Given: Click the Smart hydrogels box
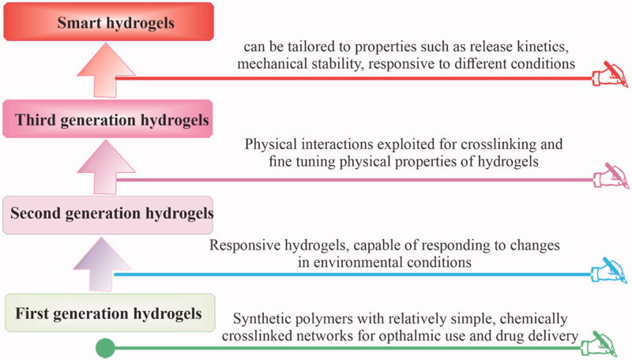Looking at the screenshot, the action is [108, 22].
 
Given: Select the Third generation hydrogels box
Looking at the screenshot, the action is [107, 119].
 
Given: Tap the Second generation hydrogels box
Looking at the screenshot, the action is [107, 215].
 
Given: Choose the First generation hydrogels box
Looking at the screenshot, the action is [110, 313].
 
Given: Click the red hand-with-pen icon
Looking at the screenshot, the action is [610, 74].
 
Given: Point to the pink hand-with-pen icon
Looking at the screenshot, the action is [611, 175].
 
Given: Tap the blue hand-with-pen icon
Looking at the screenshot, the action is [609, 270].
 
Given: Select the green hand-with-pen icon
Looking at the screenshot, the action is [599, 344].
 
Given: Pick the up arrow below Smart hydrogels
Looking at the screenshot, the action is [106, 70].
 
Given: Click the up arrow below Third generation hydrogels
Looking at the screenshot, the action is [106, 167].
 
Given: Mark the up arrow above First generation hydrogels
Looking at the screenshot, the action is [102, 264].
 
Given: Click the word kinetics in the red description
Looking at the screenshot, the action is [543, 47].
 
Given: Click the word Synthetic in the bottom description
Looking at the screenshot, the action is [262, 319].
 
